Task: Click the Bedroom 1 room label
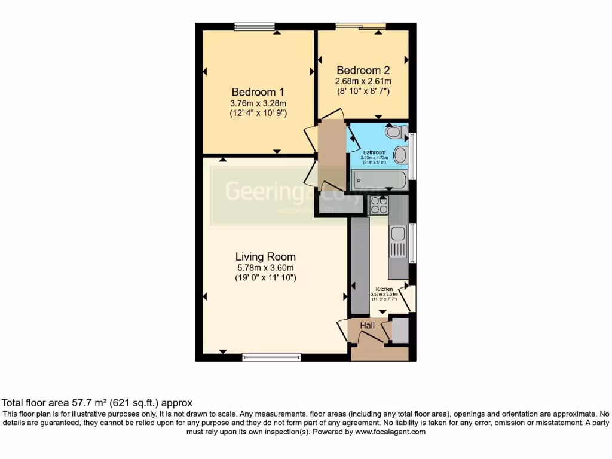coord(258,92)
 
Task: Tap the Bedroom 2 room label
coord(363,70)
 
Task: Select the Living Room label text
coord(265,257)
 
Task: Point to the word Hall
coord(367,325)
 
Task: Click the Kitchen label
coord(384,289)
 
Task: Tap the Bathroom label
coord(375,153)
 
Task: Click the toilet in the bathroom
coord(395,132)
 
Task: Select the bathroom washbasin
coord(400,155)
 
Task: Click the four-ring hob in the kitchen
coord(379,205)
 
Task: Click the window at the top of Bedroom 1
coord(255,26)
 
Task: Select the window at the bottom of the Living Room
coord(271,357)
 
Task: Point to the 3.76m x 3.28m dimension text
coord(258,103)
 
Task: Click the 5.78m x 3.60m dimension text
coord(265,268)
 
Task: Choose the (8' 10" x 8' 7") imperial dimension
coord(363,91)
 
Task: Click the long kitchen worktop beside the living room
coord(360,265)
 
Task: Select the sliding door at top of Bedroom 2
coord(360,26)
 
